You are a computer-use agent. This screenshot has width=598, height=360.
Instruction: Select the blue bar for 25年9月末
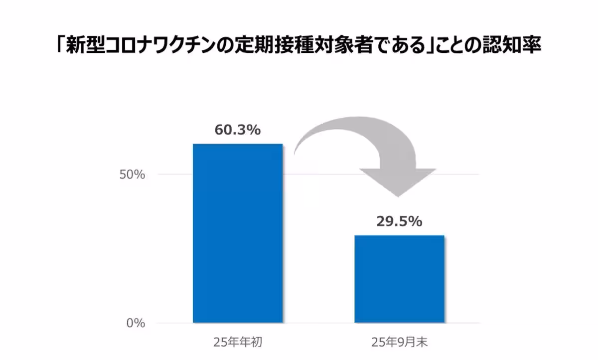click(399, 279)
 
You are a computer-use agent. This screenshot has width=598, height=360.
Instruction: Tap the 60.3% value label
click(238, 130)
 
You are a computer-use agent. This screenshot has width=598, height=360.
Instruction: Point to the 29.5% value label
click(399, 221)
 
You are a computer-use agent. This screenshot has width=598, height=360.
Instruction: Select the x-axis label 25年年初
click(238, 343)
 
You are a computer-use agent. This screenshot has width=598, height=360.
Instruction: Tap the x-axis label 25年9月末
click(400, 343)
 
